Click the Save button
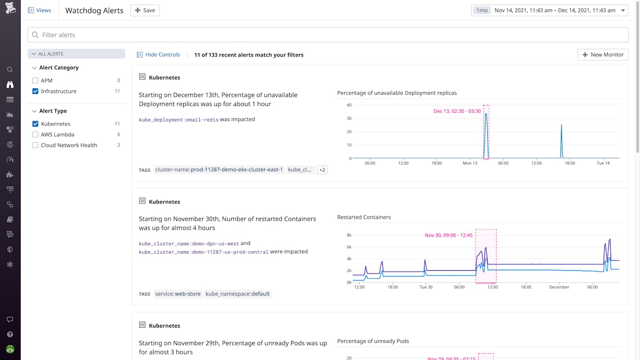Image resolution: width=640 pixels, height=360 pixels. coord(145,10)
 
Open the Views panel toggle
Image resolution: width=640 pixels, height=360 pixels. coord(39,10)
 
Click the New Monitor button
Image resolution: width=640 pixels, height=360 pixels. coord(603,54)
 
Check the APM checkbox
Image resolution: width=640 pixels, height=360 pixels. coord(35,80)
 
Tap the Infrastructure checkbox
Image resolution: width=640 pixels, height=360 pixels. coord(35,91)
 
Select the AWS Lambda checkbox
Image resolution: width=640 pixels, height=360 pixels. coord(35,134)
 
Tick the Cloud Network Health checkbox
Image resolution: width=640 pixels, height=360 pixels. coord(35,145)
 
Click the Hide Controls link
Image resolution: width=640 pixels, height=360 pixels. coord(159,54)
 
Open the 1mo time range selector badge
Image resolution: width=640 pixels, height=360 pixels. coord(481,10)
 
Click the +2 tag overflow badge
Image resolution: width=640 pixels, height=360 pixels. coord(322,170)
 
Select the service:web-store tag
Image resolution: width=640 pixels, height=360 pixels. coord(178,294)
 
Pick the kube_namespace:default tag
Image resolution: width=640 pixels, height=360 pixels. coord(238,294)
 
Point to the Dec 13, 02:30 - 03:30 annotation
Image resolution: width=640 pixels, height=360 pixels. coord(456,111)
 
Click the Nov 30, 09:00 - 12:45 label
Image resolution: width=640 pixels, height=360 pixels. coord(449,235)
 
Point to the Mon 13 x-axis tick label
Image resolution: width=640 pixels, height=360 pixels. coord(470,163)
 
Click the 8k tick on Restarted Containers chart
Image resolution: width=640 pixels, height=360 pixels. coord(349,235)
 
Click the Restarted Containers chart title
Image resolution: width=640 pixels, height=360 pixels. coord(364,217)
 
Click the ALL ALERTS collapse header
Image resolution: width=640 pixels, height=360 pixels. coord(76,54)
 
